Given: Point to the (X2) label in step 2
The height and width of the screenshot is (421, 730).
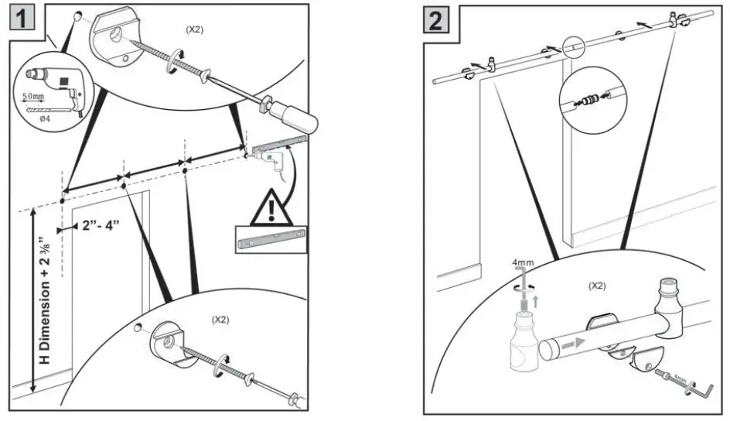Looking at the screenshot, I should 595,286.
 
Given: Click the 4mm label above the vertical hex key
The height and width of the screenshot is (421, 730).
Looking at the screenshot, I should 523,263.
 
